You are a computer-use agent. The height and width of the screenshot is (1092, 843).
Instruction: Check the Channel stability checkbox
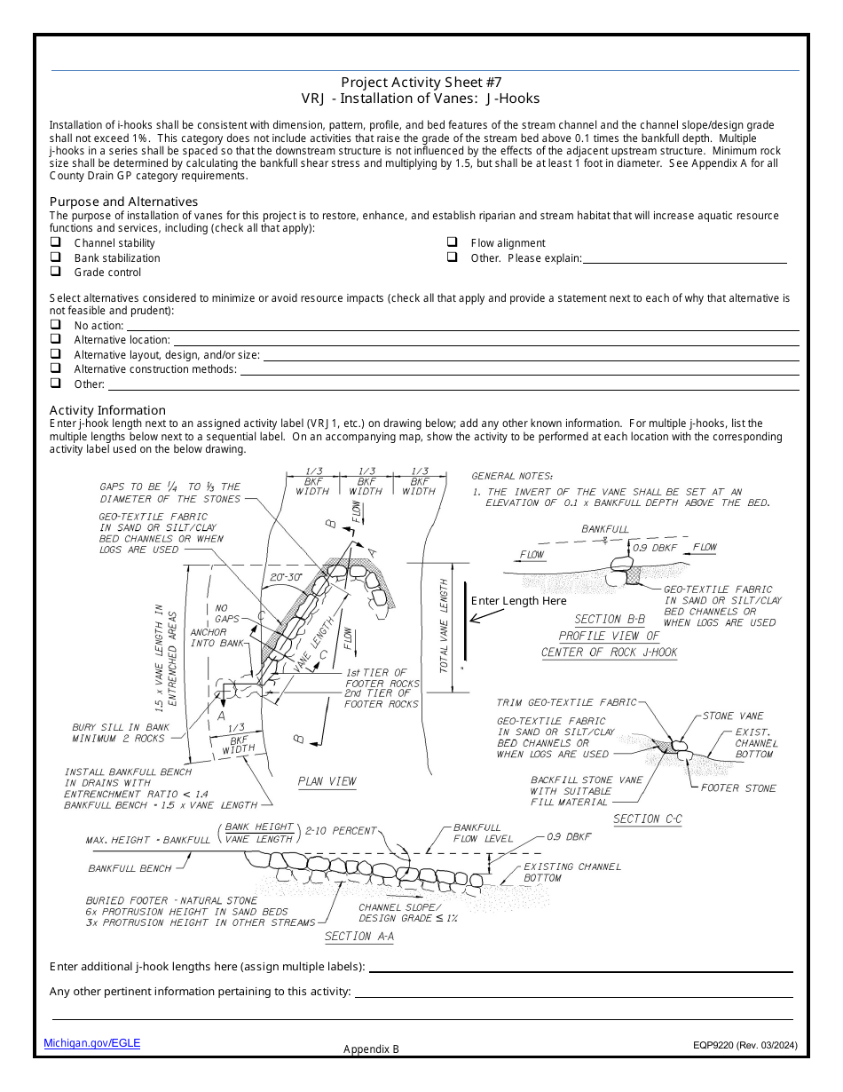click(55, 242)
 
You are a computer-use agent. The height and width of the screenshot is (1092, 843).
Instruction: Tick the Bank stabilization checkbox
click(55, 257)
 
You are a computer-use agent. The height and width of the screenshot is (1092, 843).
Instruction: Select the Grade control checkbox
click(55, 272)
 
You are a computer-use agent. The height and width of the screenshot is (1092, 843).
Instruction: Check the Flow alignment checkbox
click(452, 242)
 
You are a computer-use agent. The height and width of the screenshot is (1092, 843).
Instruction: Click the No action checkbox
click(55, 325)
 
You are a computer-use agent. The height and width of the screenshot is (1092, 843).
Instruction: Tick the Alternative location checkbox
click(55, 339)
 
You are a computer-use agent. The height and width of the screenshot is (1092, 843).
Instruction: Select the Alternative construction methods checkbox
click(55, 368)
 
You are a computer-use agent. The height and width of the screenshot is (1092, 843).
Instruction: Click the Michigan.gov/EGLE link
click(92, 1043)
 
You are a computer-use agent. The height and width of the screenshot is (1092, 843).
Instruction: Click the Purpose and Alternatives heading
click(123, 202)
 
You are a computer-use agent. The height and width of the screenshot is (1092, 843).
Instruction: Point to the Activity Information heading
click(107, 410)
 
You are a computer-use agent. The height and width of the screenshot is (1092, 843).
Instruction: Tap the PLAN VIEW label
click(327, 781)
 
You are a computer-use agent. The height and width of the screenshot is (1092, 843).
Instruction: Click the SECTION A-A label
click(359, 937)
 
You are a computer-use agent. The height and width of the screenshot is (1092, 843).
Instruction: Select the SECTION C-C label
click(648, 819)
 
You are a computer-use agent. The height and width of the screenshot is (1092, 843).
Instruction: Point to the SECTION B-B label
click(610, 619)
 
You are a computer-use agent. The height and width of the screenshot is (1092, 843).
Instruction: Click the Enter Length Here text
click(518, 601)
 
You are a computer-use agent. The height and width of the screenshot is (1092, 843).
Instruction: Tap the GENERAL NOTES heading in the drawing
click(512, 476)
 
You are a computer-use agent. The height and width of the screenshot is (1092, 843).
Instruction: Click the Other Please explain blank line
click(684, 258)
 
